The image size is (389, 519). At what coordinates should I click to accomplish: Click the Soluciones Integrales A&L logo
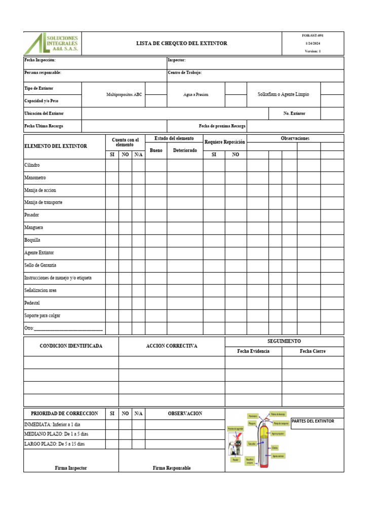52,44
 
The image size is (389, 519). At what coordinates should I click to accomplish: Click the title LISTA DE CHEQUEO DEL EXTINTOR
181,44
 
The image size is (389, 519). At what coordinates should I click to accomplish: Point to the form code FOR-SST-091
312,36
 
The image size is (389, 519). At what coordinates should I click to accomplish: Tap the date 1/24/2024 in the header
312,44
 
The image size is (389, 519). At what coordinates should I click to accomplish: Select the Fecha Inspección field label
43,60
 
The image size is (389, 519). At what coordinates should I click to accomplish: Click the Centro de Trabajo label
184,73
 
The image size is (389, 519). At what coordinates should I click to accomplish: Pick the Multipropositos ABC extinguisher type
124,95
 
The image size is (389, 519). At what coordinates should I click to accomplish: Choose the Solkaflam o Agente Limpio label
284,95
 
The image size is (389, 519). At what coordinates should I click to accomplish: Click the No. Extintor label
294,114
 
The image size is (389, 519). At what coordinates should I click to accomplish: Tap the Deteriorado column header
185,151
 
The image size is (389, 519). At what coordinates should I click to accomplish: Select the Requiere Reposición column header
224,142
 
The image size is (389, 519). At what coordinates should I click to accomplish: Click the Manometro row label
35,178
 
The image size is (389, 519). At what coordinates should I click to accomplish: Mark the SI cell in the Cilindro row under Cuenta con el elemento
112,165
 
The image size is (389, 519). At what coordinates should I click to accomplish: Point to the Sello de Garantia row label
40,265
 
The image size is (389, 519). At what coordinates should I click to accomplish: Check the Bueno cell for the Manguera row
156,228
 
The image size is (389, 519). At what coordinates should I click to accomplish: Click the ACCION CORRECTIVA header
172,346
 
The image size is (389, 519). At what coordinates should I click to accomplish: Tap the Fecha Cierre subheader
313,351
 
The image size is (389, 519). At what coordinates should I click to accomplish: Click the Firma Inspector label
71,468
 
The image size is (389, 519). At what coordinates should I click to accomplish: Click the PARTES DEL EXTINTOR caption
313,421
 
